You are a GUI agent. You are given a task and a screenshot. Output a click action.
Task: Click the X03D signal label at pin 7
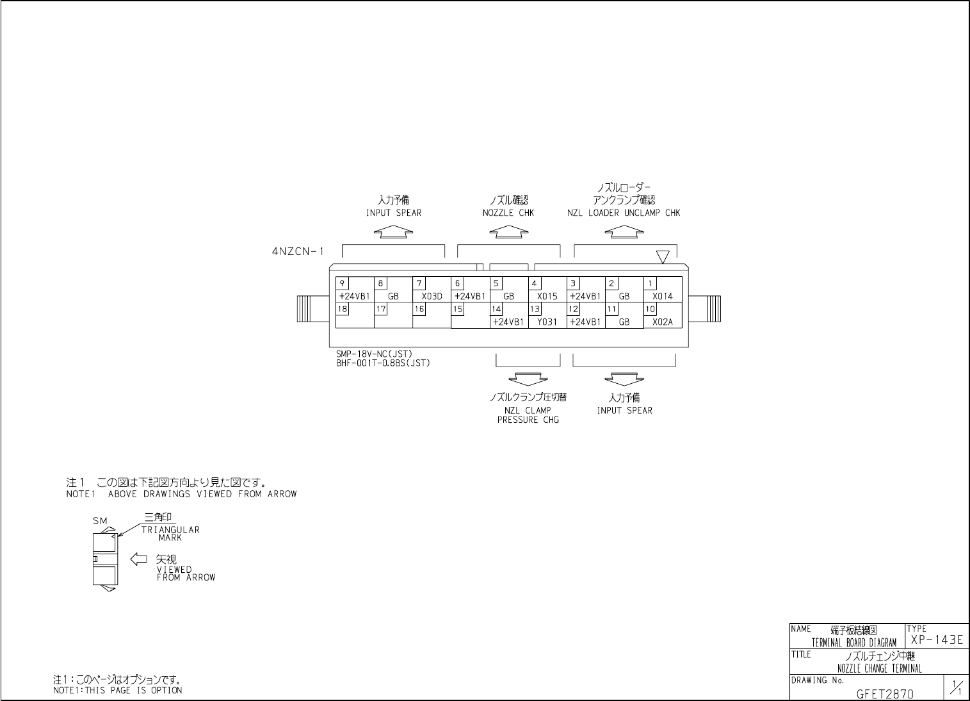432,297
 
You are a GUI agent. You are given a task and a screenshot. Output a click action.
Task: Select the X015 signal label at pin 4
547,297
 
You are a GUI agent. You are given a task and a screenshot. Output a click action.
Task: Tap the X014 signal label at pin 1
662,297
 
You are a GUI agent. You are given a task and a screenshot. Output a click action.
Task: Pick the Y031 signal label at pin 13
547,322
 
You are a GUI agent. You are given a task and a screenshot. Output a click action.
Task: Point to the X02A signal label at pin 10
662,322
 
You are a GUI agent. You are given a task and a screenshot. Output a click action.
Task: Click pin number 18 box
343,309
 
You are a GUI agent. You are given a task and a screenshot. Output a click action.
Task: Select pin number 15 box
458,309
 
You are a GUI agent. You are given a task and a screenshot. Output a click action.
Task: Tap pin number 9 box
343,283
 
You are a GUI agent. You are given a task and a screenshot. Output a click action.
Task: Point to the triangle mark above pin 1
663,256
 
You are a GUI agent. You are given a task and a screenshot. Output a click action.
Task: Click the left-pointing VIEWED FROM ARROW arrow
139,559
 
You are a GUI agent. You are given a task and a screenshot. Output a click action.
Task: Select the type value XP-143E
937,639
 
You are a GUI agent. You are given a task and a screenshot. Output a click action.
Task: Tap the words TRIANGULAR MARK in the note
170,533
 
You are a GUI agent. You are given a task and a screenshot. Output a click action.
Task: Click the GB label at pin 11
624,322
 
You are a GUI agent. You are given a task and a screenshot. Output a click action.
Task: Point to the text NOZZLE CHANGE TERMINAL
879,669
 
